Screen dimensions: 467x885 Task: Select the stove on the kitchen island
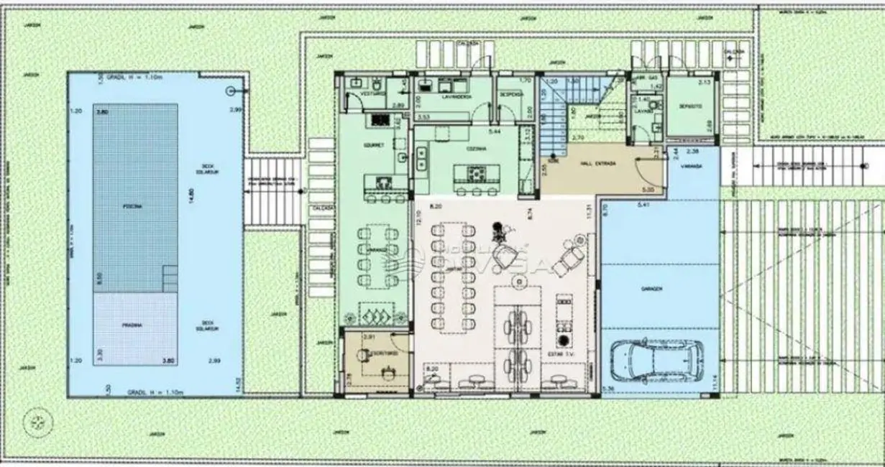coord(475,173)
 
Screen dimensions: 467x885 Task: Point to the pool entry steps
coord(170,279)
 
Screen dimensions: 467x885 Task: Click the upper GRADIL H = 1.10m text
coord(155,77)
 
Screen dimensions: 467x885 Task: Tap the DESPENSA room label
coord(511,93)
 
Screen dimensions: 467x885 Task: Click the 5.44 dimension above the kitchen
coord(494,131)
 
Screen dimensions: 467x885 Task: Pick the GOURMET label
coord(375,144)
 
